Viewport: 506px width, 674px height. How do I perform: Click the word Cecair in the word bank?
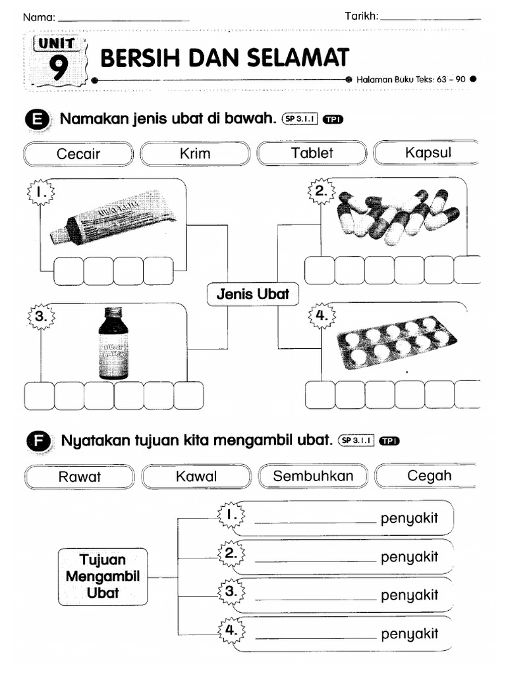click(x=78, y=153)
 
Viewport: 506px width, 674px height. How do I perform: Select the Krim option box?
click(x=195, y=153)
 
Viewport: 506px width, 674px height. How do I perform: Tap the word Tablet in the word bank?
click(x=312, y=153)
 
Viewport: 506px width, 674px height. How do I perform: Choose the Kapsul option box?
click(x=428, y=153)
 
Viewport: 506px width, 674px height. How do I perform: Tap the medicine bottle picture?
click(x=113, y=345)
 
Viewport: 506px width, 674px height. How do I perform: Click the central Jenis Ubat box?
click(x=253, y=294)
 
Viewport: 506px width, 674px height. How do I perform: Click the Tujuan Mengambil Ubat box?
click(x=103, y=576)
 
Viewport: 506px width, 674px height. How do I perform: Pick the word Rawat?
click(x=80, y=476)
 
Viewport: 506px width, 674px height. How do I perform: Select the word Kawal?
click(x=196, y=476)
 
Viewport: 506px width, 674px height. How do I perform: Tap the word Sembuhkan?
click(x=313, y=476)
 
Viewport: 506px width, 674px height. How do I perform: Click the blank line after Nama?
click(x=123, y=20)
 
